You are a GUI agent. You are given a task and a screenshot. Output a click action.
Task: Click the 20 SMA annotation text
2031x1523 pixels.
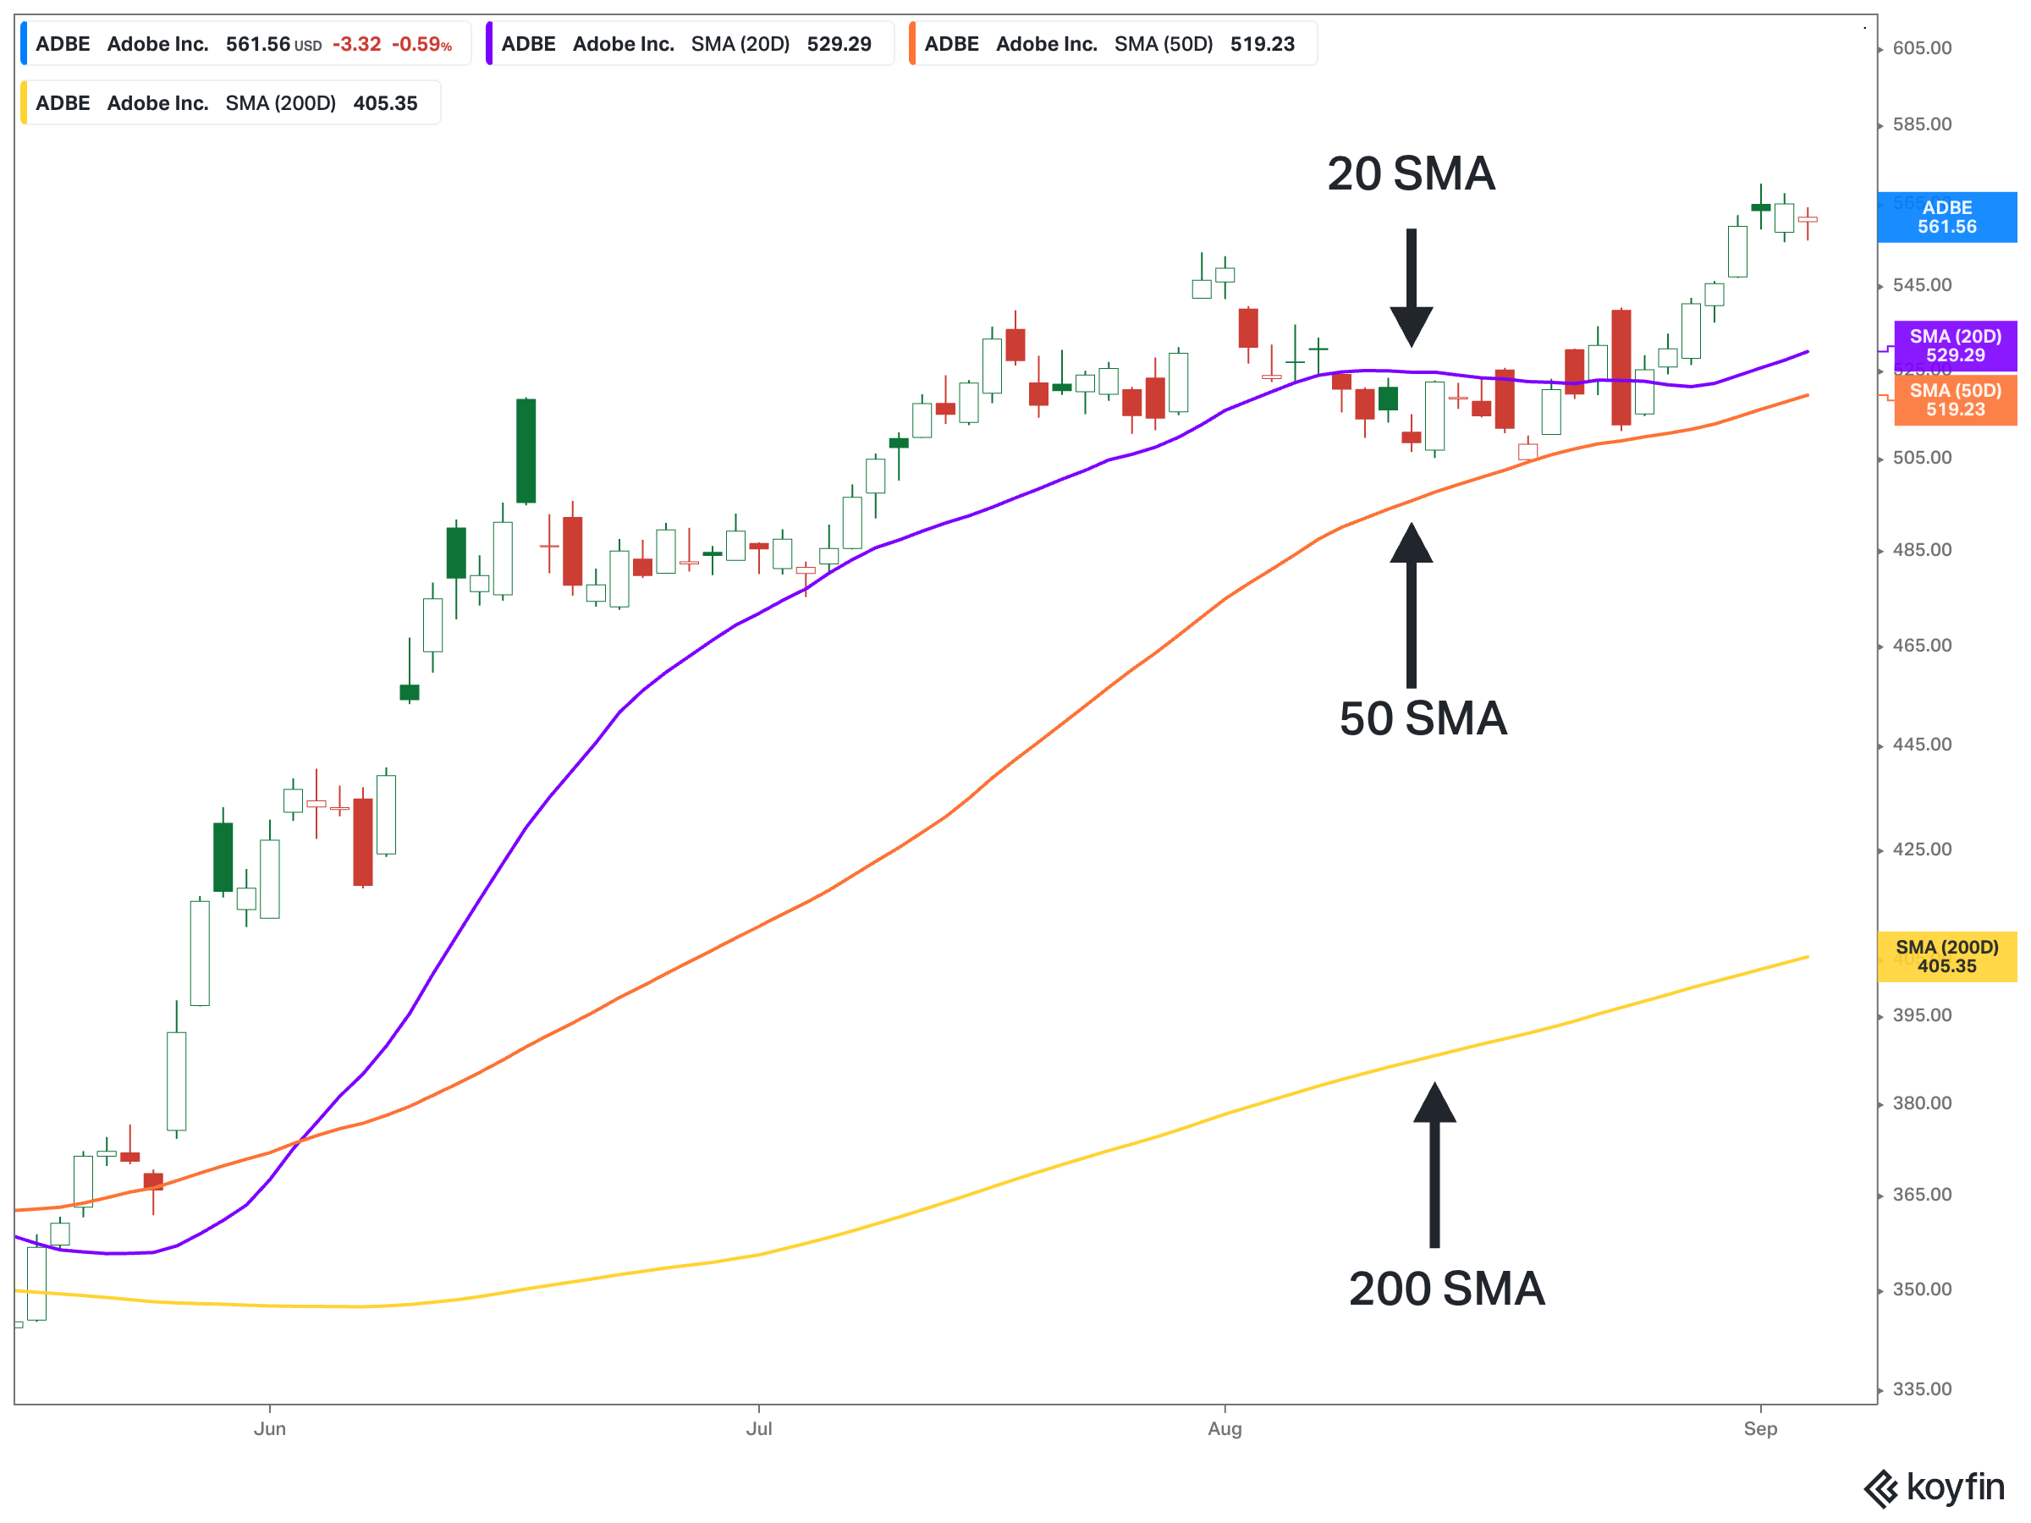click(x=1411, y=174)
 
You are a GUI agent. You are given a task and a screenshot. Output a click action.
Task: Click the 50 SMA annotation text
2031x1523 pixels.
click(x=1423, y=719)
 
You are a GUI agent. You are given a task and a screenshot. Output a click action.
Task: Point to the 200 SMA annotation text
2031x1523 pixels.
click(x=1446, y=1289)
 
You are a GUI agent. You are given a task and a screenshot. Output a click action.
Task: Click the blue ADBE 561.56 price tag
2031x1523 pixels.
click(x=1946, y=217)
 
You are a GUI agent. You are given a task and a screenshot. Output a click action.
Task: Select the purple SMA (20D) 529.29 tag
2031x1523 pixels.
click(x=1955, y=346)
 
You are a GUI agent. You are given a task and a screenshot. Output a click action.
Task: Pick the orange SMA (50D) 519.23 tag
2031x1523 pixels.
click(x=1955, y=400)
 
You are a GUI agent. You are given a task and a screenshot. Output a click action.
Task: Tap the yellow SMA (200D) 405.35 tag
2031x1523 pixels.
click(x=1946, y=957)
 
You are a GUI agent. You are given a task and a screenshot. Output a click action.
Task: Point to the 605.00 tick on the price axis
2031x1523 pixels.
click(x=1922, y=47)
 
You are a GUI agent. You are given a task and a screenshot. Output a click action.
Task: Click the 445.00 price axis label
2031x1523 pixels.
click(x=1922, y=745)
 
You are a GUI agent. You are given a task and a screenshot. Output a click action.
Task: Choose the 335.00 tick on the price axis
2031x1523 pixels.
click(x=1922, y=1389)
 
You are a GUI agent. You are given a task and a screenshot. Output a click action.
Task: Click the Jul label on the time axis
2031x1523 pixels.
click(x=758, y=1428)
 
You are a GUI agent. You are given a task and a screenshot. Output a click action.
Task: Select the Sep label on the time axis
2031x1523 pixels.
click(x=1760, y=1428)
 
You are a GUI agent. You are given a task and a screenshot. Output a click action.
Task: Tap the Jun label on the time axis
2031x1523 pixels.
click(x=270, y=1428)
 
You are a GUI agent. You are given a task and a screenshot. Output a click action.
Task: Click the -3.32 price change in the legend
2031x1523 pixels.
click(x=356, y=44)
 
